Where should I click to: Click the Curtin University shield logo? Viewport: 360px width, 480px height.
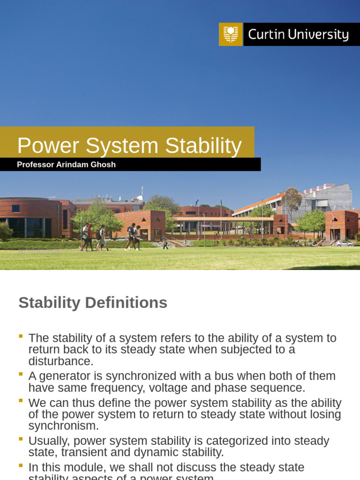231,34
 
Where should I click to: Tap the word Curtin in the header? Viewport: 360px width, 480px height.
267,35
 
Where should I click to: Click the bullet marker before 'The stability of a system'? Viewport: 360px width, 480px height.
21,336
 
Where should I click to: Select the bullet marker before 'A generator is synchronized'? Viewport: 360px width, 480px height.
21,374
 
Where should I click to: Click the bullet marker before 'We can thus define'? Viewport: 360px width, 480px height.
21,400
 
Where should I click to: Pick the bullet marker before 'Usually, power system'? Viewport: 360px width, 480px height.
21,438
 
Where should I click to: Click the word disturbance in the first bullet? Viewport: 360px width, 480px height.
61,361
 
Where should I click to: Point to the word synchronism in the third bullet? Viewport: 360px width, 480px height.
64,426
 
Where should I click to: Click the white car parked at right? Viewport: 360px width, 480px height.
344,243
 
